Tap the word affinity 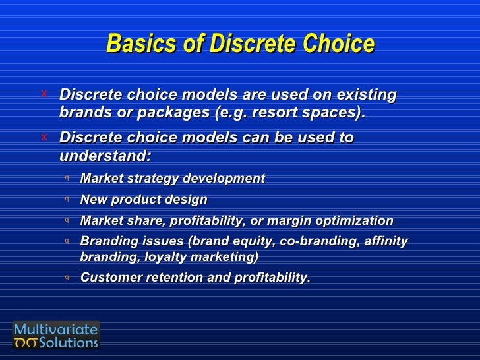tap(386, 241)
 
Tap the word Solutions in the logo tap(69, 343)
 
